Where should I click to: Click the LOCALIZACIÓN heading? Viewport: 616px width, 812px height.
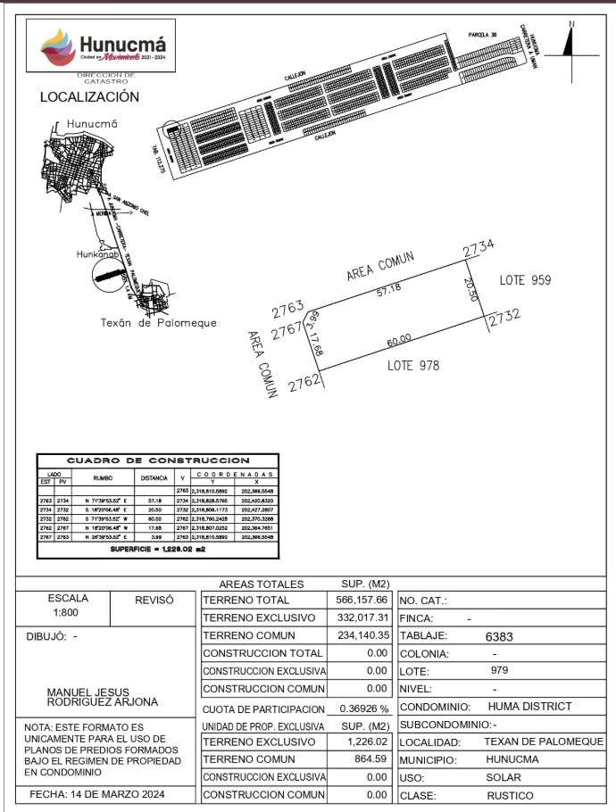(89, 96)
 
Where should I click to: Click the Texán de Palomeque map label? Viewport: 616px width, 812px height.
(158, 322)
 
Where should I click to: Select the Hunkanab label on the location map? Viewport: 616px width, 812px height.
(97, 254)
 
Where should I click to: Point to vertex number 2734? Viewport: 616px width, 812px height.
(479, 250)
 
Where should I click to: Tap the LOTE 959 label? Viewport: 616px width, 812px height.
(525, 280)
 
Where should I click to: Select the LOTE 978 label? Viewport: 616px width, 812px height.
(413, 365)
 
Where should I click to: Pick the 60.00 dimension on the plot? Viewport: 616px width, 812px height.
(399, 339)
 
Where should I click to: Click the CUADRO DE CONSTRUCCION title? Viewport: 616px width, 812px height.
(158, 460)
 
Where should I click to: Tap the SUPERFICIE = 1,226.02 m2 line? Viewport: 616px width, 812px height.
(158, 550)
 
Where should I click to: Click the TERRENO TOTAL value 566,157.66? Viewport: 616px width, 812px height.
(362, 601)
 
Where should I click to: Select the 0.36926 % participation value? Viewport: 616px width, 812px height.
(362, 708)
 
